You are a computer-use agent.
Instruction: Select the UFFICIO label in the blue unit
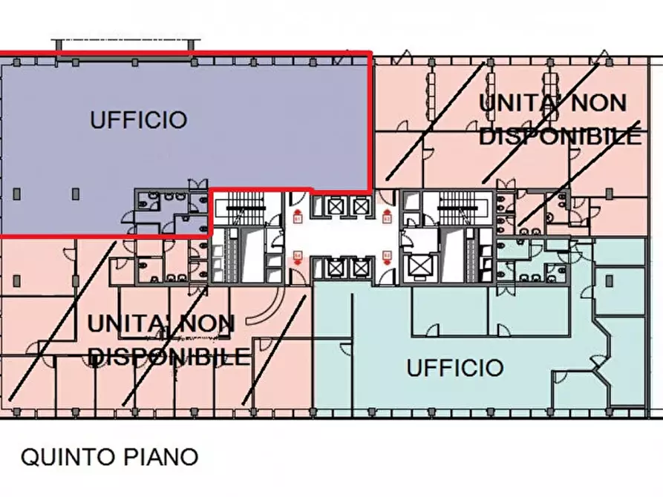139,119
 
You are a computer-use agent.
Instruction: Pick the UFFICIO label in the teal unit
455,367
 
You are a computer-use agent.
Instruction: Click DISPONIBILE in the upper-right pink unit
561,136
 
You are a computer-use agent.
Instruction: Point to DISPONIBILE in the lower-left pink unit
169,358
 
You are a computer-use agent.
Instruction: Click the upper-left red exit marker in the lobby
298,217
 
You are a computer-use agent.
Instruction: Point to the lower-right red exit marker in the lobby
387,256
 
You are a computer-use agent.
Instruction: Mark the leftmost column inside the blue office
17,194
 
